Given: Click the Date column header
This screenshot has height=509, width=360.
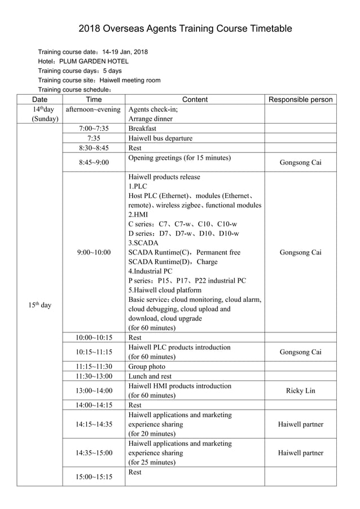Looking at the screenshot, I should (39, 100).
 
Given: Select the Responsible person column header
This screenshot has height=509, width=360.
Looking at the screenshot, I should (300, 100).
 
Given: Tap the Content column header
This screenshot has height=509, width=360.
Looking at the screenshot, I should (195, 100).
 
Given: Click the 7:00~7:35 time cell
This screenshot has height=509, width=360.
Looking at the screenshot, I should (94, 129).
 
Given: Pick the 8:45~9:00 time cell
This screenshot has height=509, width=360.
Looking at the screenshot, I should (94, 163).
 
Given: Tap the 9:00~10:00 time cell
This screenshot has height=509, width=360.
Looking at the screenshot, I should (94, 252).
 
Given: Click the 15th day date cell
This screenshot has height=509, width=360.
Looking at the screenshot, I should (39, 305).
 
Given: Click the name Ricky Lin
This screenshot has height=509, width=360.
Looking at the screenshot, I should (300, 390).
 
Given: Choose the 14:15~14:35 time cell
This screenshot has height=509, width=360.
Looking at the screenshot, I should (94, 424).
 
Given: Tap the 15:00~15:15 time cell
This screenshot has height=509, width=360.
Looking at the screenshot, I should (94, 477).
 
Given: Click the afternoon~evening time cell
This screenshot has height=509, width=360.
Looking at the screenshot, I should (94, 109).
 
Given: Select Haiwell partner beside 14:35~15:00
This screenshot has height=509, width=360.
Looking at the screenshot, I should (300, 453).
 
